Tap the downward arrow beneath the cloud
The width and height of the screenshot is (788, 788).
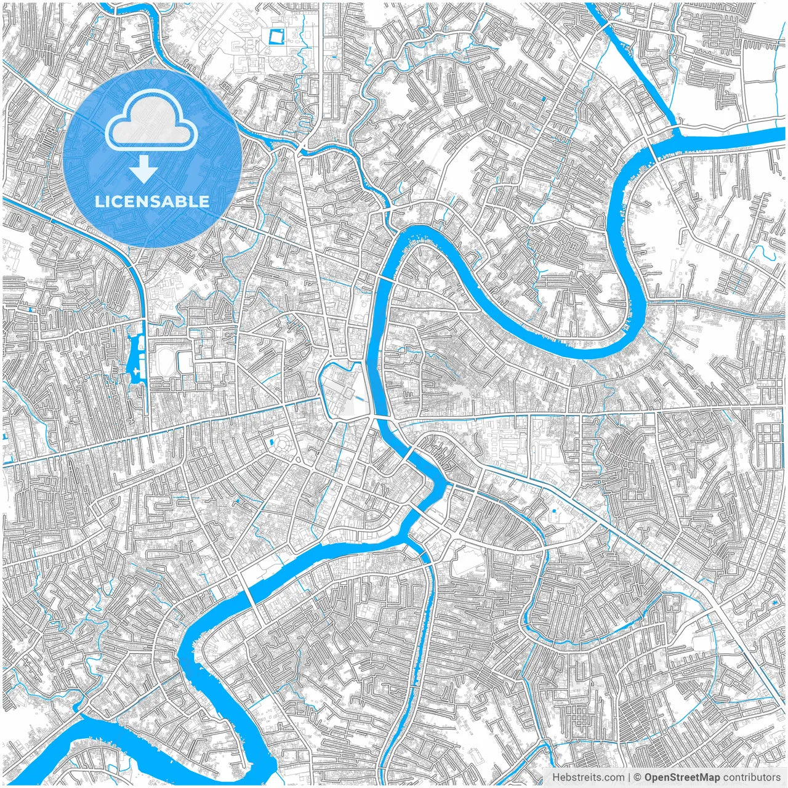pyautogui.click(x=144, y=169)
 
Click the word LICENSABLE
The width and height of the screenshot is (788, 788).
pyautogui.click(x=151, y=202)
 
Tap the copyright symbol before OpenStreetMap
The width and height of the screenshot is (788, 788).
pyautogui.click(x=638, y=778)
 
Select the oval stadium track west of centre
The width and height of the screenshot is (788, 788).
pyautogui.click(x=164, y=358)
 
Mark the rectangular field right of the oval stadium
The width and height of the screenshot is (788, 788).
pyautogui.click(x=185, y=362)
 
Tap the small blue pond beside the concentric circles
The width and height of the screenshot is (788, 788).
pyautogui.click(x=270, y=442)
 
